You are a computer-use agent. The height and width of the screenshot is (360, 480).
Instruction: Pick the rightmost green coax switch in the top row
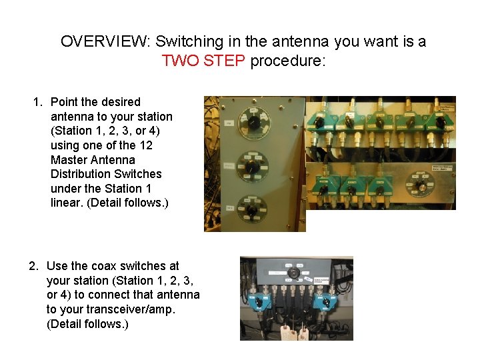click(440, 121)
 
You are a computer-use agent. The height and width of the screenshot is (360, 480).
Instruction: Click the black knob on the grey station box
click(291, 273)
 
